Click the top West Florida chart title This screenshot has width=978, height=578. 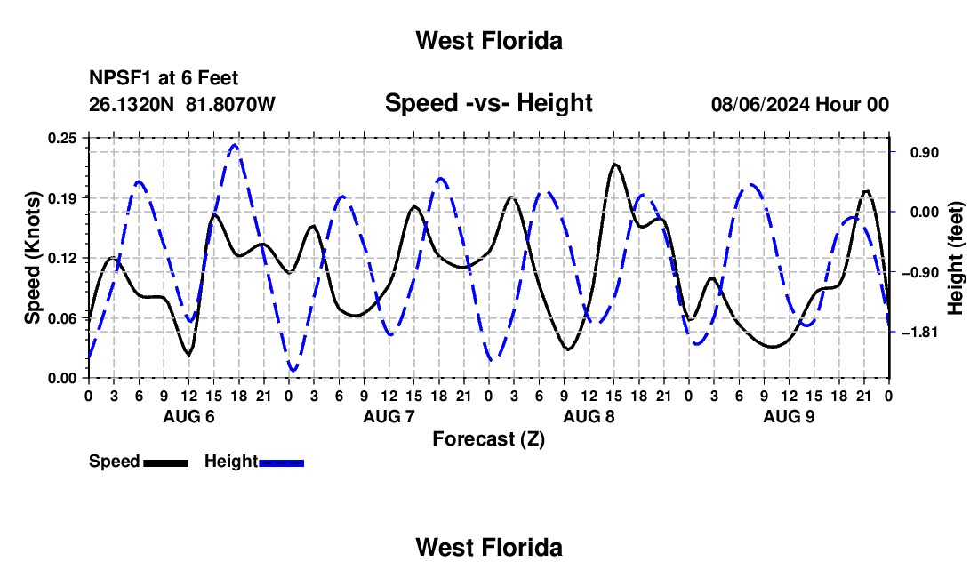coord(489,41)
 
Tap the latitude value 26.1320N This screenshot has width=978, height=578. coord(132,104)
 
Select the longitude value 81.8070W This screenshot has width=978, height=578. coord(230,104)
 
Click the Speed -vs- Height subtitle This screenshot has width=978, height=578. coord(488,103)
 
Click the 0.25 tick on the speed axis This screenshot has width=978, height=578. coord(62,138)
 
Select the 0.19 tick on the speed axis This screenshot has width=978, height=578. coord(62,198)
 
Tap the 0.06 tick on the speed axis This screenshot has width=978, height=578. coord(62,318)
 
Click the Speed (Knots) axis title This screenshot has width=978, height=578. coord(32,258)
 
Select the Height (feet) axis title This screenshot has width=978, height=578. coord(955,258)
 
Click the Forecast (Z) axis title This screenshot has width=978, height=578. coord(489,439)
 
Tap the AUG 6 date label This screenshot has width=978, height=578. coord(189,416)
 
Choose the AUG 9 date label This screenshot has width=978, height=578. coord(789,416)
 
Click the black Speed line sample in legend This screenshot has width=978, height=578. coord(166,462)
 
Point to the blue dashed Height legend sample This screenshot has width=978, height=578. coord(281,462)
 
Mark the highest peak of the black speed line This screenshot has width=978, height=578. coord(615,164)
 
